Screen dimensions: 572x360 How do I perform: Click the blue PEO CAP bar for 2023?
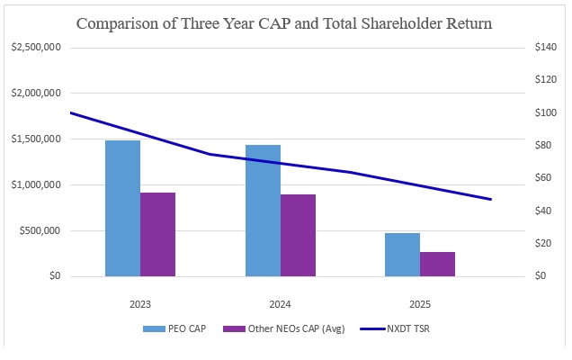pos(122,209)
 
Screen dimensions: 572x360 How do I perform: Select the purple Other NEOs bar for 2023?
pos(157,234)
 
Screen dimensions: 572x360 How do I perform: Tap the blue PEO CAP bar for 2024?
pos(263,211)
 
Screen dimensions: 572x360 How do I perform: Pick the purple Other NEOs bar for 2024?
pos(298,236)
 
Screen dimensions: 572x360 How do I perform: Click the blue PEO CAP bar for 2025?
pos(402,255)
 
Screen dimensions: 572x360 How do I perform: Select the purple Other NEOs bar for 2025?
pos(437,265)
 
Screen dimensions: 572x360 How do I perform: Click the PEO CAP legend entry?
pos(174,328)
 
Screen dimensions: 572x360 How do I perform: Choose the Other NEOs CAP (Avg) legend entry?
pos(284,328)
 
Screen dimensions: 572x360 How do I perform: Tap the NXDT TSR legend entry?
pos(395,328)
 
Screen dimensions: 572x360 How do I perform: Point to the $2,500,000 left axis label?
pos(36,47)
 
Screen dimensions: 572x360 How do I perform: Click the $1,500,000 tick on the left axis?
pos(36,139)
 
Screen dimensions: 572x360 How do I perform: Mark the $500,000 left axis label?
pos(40,230)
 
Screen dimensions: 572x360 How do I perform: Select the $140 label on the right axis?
pos(546,47)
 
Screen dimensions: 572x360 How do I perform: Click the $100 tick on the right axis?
pos(546,112)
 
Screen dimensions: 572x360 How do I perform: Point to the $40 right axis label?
pos(543,211)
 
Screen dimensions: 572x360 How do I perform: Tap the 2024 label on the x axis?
pos(281,304)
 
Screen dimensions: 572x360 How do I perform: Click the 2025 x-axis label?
pos(420,304)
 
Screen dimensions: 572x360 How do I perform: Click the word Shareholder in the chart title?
pos(402,23)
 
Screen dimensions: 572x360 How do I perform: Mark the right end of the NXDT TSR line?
pos(491,200)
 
